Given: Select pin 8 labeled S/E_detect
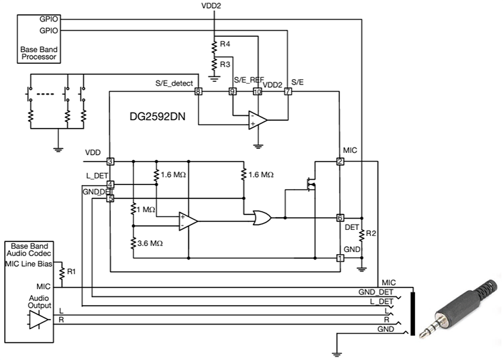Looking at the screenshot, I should [x=198, y=91].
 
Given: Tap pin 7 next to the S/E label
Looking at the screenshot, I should [x=288, y=91].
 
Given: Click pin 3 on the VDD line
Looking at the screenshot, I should [x=110, y=162].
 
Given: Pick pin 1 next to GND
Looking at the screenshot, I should [x=340, y=257].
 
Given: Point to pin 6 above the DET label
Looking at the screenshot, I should [x=340, y=218].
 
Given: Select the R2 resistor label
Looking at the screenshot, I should [x=370, y=234].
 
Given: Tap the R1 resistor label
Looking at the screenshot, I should [x=71, y=272].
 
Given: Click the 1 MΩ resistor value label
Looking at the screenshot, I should [x=146, y=210].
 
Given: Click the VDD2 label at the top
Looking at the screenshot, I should [x=213, y=6].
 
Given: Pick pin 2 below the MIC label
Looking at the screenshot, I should [x=340, y=162].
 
